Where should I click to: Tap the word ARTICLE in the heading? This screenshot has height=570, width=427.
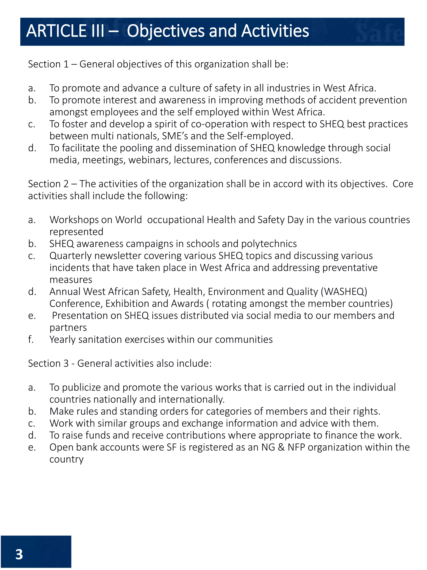pos(56,31)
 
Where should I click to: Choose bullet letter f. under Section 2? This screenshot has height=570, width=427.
pos(31,340)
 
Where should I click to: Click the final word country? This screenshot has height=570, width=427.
pos(66,459)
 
